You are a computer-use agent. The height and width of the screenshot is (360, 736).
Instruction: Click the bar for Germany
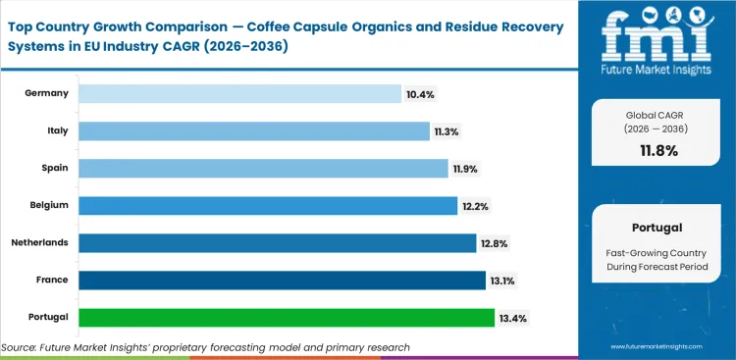click(239, 93)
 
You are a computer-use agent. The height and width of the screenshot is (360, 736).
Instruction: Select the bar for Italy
click(253, 130)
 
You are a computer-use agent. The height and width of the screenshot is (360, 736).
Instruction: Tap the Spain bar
click(263, 168)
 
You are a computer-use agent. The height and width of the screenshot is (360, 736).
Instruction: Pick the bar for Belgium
click(268, 205)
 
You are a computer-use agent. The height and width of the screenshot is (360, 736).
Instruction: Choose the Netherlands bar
click(277, 242)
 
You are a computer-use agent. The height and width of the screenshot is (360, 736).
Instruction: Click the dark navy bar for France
click(282, 280)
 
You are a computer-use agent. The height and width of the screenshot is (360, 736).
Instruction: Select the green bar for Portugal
click(287, 317)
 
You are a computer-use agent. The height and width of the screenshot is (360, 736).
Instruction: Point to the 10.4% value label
click(419, 94)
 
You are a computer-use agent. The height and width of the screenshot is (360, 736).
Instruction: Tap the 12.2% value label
click(476, 205)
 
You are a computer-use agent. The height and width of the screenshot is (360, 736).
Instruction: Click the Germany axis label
click(47, 93)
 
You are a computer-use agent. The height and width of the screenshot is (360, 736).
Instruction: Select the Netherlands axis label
click(39, 242)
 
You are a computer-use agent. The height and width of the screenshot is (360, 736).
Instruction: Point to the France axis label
click(51, 280)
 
